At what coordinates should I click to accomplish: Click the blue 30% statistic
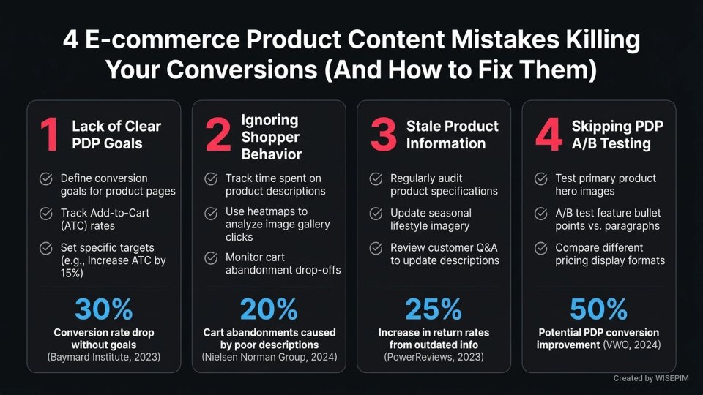103,309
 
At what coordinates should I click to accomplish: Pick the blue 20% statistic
269,309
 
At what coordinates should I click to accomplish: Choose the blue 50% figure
599,309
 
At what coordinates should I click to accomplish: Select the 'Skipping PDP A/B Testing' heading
617,135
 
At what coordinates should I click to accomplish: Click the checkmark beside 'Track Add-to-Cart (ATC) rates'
45,214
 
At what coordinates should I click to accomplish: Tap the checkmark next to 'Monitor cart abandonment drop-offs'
211,257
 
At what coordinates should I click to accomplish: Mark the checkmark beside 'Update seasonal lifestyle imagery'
376,214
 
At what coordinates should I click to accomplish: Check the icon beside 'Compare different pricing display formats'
541,248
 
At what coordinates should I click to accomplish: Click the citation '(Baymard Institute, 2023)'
103,357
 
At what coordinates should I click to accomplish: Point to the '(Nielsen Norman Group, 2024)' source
269,357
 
